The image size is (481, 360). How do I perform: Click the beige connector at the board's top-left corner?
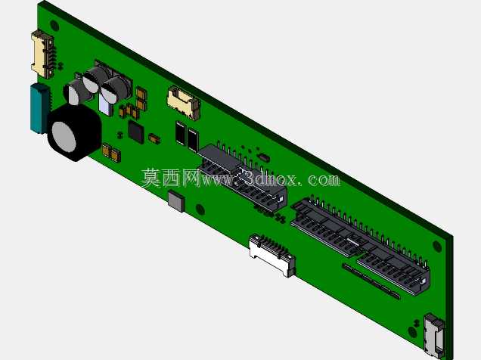coord(42,54)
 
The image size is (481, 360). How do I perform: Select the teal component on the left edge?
coord(39,108)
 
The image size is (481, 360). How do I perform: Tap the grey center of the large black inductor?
coord(64,137)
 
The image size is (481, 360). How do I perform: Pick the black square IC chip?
coord(136,132)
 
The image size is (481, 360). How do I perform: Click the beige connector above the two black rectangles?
coord(184,102)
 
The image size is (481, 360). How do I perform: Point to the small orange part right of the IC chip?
coord(154,138)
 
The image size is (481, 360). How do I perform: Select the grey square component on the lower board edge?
coord(176,201)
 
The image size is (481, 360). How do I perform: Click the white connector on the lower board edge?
coord(272,255)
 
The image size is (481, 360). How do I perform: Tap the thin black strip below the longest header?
coord(371,281)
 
